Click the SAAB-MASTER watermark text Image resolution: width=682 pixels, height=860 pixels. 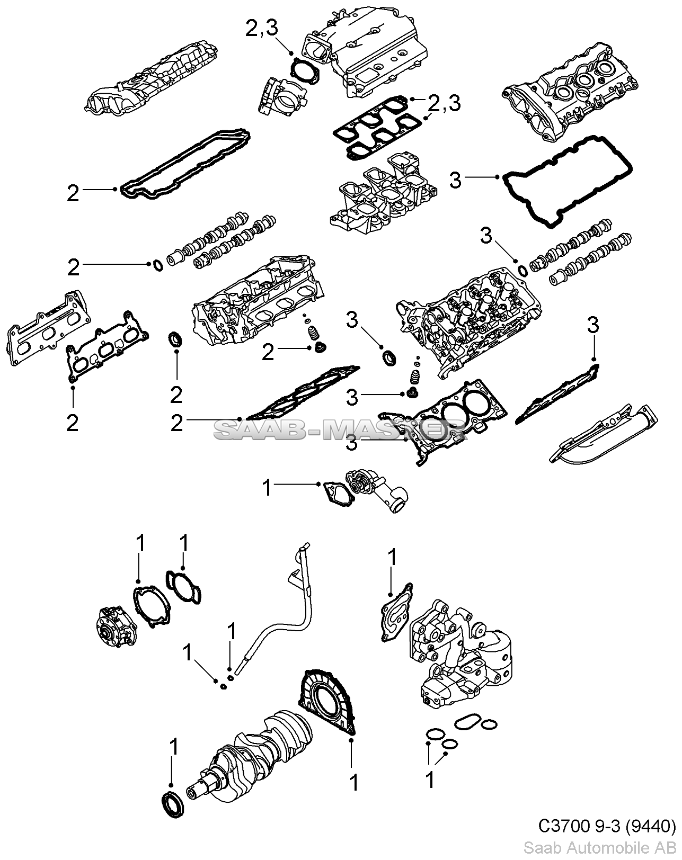tap(339, 431)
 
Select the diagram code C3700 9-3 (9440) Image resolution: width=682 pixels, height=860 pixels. tap(607, 826)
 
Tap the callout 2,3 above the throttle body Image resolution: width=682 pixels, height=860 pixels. tap(261, 30)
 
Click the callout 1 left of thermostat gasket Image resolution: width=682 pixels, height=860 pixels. tap(268, 488)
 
